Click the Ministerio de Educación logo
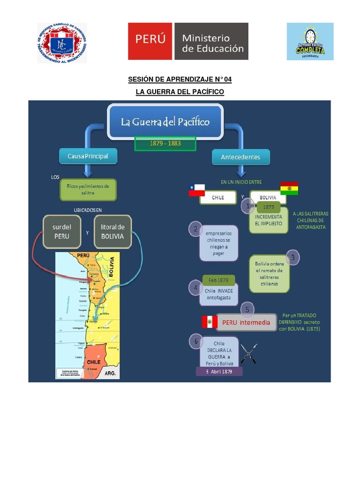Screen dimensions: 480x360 188,41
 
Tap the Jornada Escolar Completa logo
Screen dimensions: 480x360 310,41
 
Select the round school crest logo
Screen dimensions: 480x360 62,43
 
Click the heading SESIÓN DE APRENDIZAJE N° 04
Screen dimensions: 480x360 180,80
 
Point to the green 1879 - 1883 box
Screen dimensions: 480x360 165,143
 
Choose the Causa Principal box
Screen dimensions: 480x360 88,156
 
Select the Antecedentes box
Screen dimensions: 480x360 240,157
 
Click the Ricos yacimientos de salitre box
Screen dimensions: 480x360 88,189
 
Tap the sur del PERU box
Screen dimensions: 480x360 61,232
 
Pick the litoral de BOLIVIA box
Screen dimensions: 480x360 112,232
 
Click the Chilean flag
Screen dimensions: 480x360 197,190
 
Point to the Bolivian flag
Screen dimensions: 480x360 289,188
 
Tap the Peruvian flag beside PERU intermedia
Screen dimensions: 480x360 209,322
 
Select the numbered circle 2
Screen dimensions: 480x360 195,229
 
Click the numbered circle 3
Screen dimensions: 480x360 293,257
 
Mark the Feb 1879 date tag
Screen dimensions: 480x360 218,280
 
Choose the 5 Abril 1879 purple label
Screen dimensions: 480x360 219,371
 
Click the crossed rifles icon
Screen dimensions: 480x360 249,353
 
